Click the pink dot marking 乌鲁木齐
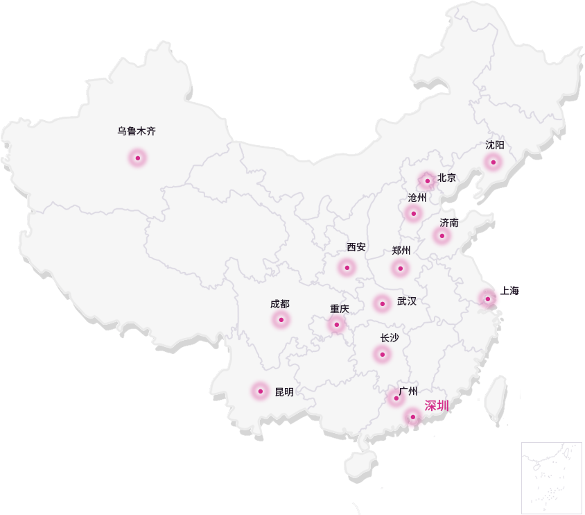pyautogui.click(x=137, y=158)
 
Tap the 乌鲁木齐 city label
pyautogui.click(x=137, y=130)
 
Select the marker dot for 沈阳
pyautogui.click(x=493, y=162)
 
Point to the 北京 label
pyautogui.click(x=447, y=178)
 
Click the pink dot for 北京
pyautogui.click(x=428, y=180)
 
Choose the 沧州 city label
pyautogui.click(x=417, y=198)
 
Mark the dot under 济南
pyautogui.click(x=442, y=235)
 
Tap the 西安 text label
pyautogui.click(x=356, y=247)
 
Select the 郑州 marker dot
pyautogui.click(x=400, y=268)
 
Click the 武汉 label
pyautogui.click(x=407, y=301)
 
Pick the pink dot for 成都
pyautogui.click(x=281, y=319)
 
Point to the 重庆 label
pyautogui.click(x=340, y=309)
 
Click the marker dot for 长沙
pyautogui.click(x=382, y=354)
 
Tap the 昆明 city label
pyautogui.click(x=284, y=392)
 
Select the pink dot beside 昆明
pyautogui.click(x=261, y=391)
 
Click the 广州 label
pyautogui.click(x=408, y=391)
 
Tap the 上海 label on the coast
pyautogui.click(x=510, y=290)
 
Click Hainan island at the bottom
pyautogui.click(x=361, y=462)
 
